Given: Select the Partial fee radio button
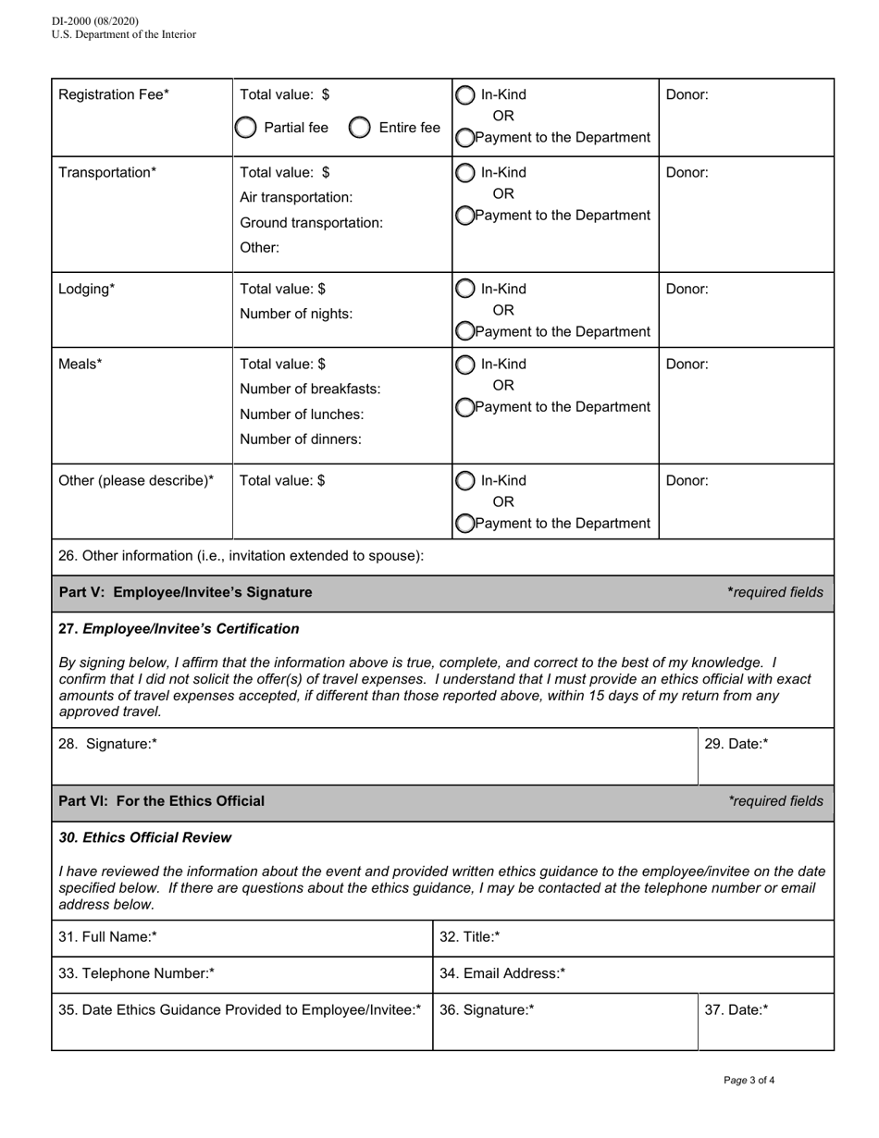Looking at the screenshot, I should pos(245,128).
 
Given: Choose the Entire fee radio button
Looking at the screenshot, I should pos(360,128).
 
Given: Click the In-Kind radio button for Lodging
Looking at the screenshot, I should pos(464,289).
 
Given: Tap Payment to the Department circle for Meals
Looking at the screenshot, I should pos(464,407).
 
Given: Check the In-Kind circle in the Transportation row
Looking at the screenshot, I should pos(464,172).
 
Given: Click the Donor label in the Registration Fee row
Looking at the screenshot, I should pos(687,94).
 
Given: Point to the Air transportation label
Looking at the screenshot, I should pos(296,197).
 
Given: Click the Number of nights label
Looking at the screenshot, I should pos(296,314).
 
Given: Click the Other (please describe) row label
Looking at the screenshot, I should pos(136,480).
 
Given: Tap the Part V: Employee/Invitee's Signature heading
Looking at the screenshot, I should pos(185,592).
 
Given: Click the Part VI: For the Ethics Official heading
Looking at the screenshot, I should pos(161,801).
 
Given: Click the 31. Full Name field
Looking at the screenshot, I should pos(241,937).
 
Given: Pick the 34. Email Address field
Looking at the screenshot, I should pos(633,973).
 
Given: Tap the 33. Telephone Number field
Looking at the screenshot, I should pos(241,973).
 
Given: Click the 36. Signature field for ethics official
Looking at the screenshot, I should pos(564,1022).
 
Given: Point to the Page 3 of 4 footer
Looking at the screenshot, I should pos(749,1080).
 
